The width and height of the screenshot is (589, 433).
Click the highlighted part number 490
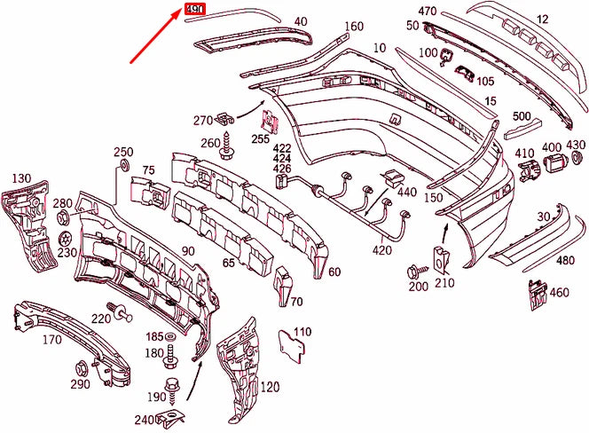pyautogui.click(x=194, y=10)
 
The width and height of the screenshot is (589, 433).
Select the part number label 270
pyautogui.click(x=202, y=120)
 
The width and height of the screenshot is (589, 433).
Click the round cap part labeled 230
pyautogui.click(x=64, y=238)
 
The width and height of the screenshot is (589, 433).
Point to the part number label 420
pyautogui.click(x=381, y=250)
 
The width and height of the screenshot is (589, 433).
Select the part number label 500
pyautogui.click(x=521, y=116)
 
